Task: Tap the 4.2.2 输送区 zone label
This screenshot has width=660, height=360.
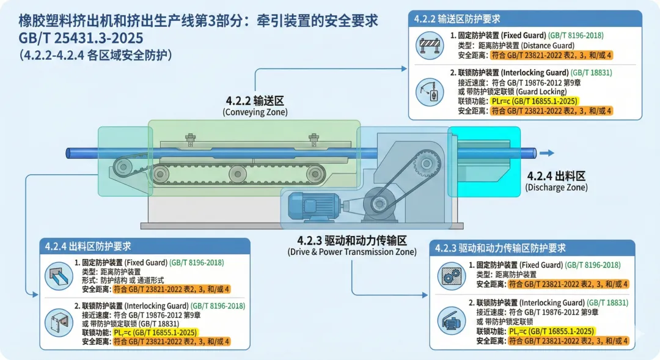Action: click(255, 101)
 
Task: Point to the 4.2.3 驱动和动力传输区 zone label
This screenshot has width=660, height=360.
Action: click(352, 240)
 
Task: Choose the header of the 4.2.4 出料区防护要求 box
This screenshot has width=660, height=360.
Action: click(88, 246)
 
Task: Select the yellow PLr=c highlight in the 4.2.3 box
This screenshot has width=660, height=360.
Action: click(551, 331)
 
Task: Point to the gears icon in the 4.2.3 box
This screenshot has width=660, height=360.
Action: click(452, 276)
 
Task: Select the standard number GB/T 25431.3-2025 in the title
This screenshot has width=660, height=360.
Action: click(81, 38)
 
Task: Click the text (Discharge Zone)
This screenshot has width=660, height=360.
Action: click(556, 188)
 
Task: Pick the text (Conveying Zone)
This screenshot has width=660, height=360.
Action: click(255, 112)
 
